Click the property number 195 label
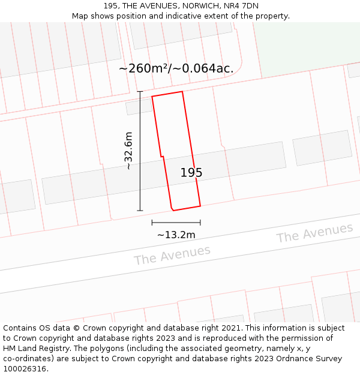191,173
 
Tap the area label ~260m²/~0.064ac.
176,68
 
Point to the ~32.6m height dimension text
128,151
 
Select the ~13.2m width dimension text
176,235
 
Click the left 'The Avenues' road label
172,255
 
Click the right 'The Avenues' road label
314,233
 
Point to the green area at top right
306,48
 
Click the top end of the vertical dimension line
140,91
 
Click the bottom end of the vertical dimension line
140,211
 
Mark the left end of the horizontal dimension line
152,223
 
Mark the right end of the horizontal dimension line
200,223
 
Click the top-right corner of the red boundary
182,91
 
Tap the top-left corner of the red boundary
152,96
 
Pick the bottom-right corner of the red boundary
200,205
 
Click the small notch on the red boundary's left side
161,157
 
